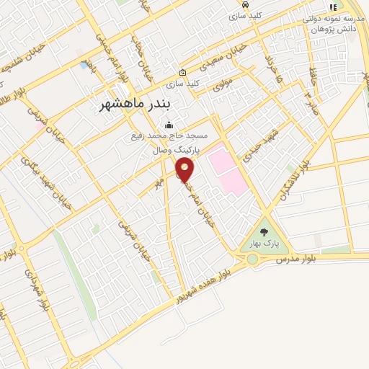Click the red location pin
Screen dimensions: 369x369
tap(185, 170)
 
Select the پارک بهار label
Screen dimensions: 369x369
tap(264, 244)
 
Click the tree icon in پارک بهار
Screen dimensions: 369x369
tap(264, 232)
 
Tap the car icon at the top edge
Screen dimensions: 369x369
tap(245, 4)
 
